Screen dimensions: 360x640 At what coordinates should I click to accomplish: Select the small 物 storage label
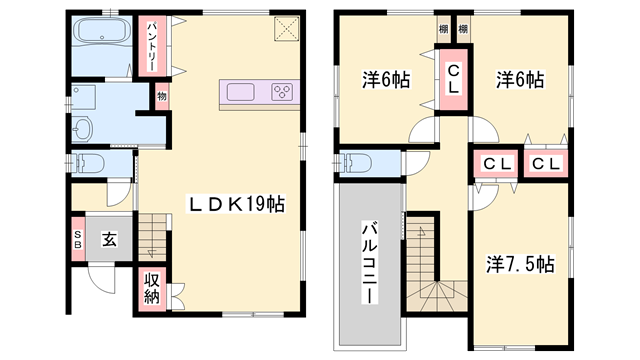[x=160, y=98]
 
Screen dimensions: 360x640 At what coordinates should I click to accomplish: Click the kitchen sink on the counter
[x=242, y=92]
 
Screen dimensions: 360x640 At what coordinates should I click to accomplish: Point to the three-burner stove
[x=281, y=92]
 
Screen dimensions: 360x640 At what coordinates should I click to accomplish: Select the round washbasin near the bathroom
[x=83, y=129]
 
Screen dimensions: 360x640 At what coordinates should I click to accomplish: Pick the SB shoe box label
[x=77, y=239]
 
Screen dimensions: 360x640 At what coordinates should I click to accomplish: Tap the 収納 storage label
[x=152, y=287]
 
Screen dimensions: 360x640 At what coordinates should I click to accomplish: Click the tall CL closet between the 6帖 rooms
[x=453, y=78]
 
